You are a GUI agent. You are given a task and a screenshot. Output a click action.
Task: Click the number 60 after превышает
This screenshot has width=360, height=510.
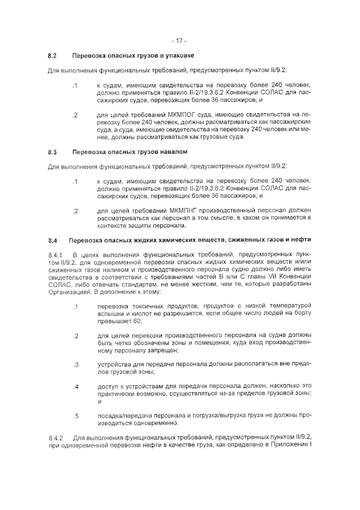click(x=137, y=321)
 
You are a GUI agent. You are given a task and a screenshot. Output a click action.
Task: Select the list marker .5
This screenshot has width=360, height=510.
click(x=75, y=416)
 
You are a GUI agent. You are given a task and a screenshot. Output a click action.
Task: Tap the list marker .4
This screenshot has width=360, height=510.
click(x=75, y=387)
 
